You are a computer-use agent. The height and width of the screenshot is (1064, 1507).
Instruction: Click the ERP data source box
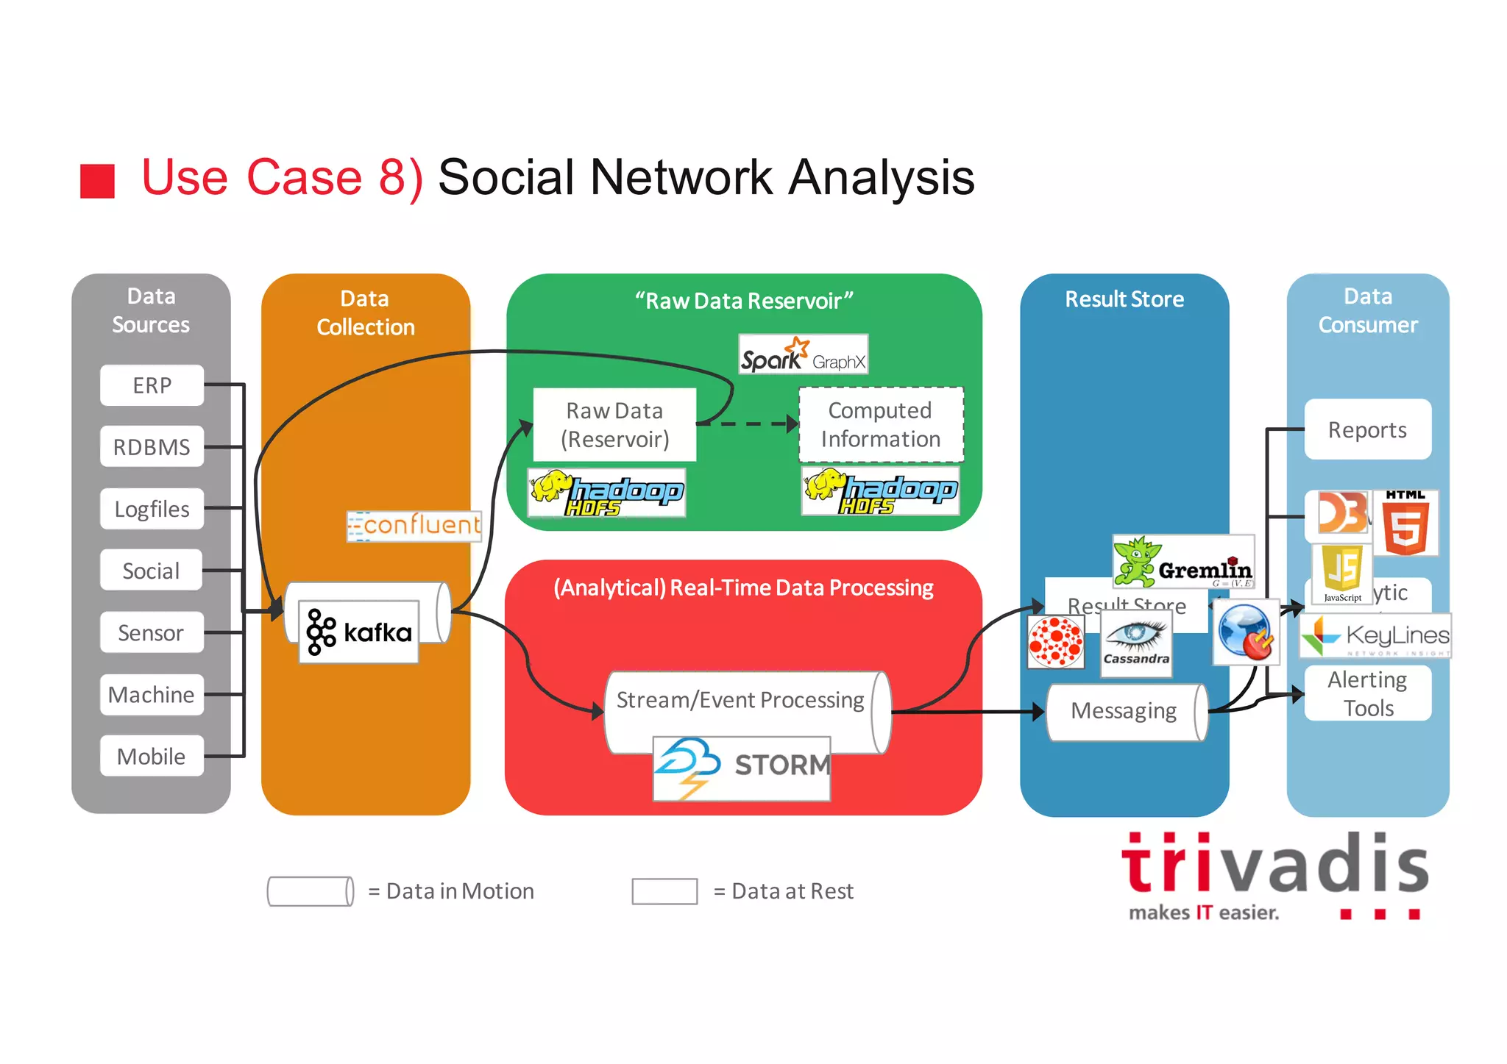pyautogui.click(x=152, y=385)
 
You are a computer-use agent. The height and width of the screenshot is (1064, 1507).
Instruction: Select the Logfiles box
pyautogui.click(x=152, y=509)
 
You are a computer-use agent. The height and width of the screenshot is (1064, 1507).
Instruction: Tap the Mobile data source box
pyautogui.click(x=152, y=756)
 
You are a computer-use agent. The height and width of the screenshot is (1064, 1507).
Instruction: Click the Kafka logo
pyautogui.click(x=359, y=632)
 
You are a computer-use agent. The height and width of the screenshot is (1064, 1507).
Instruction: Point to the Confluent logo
pyautogui.click(x=414, y=526)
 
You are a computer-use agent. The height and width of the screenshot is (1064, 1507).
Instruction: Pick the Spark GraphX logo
pyautogui.click(x=803, y=355)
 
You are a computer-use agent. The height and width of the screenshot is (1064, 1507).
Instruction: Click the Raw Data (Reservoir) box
pyautogui.click(x=614, y=425)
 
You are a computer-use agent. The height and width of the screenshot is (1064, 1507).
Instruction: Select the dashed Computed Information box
pyautogui.click(x=881, y=425)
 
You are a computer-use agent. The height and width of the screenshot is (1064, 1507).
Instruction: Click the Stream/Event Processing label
pyautogui.click(x=740, y=700)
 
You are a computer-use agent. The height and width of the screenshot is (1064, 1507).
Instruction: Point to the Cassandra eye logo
pyautogui.click(x=1136, y=641)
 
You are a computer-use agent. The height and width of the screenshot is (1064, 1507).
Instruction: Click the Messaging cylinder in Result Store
pyautogui.click(x=1124, y=712)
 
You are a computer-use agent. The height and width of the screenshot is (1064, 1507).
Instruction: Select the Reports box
pyautogui.click(x=1368, y=429)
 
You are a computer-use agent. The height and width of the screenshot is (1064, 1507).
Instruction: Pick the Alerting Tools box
pyautogui.click(x=1368, y=693)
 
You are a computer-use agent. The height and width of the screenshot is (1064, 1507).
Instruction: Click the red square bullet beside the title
pyautogui.click(x=98, y=181)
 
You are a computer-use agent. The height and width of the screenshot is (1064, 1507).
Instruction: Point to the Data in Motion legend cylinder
pyautogui.click(x=310, y=891)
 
